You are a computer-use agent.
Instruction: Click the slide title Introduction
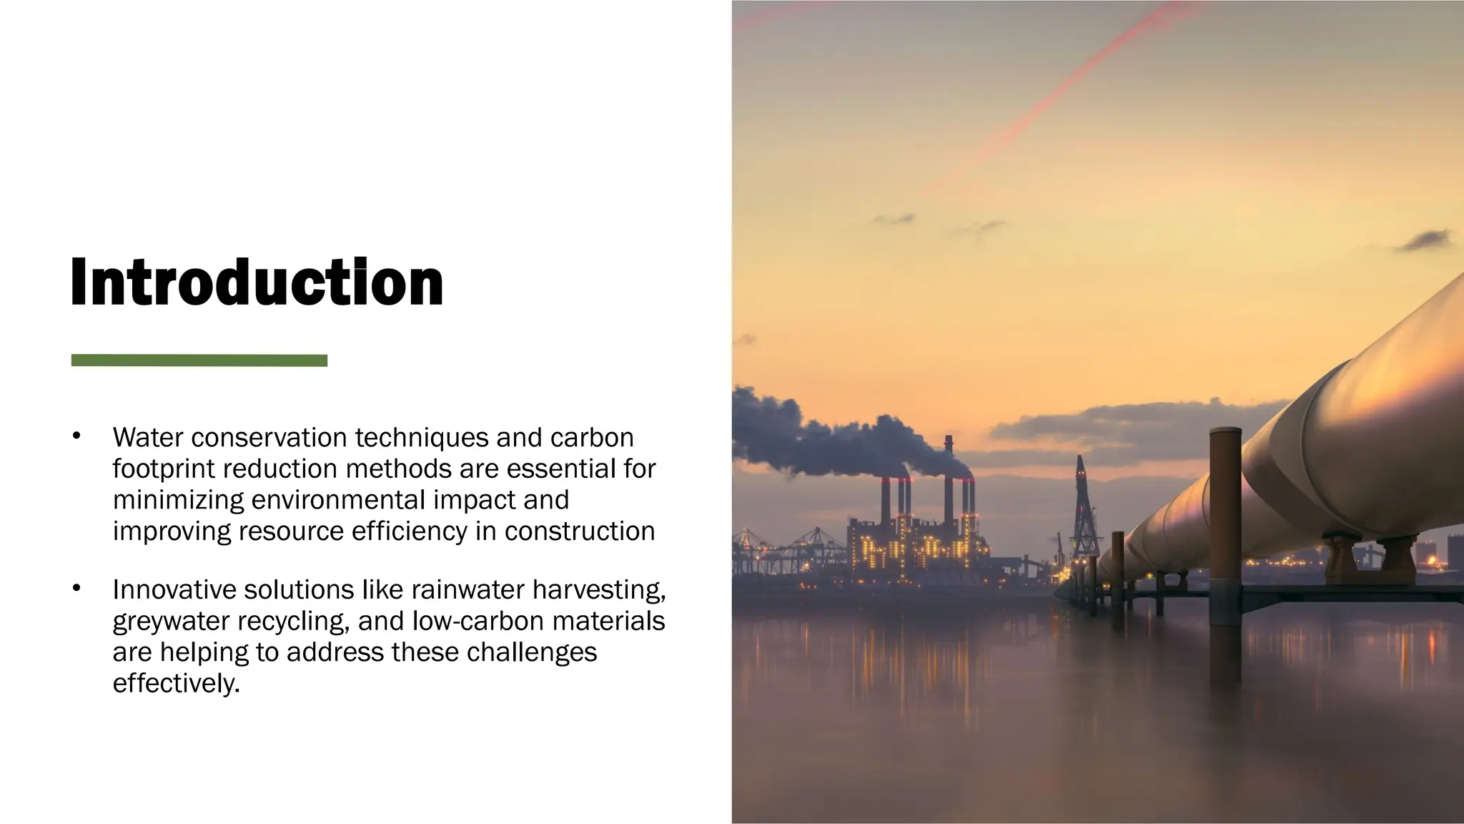pyautogui.click(x=257, y=283)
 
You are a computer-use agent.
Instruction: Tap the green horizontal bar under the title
pyautogui.click(x=199, y=360)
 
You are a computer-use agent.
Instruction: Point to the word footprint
pyautogui.click(x=163, y=469)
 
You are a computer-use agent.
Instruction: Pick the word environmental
pyautogui.click(x=340, y=500)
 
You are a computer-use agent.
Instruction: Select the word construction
pyautogui.click(x=580, y=531)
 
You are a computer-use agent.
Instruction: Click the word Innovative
pyautogui.click(x=174, y=589)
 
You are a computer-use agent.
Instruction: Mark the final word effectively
pyautogui.click(x=176, y=684)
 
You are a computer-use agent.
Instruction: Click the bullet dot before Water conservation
pyautogui.click(x=76, y=437)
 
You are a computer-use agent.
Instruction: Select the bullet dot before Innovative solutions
pyautogui.click(x=76, y=589)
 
